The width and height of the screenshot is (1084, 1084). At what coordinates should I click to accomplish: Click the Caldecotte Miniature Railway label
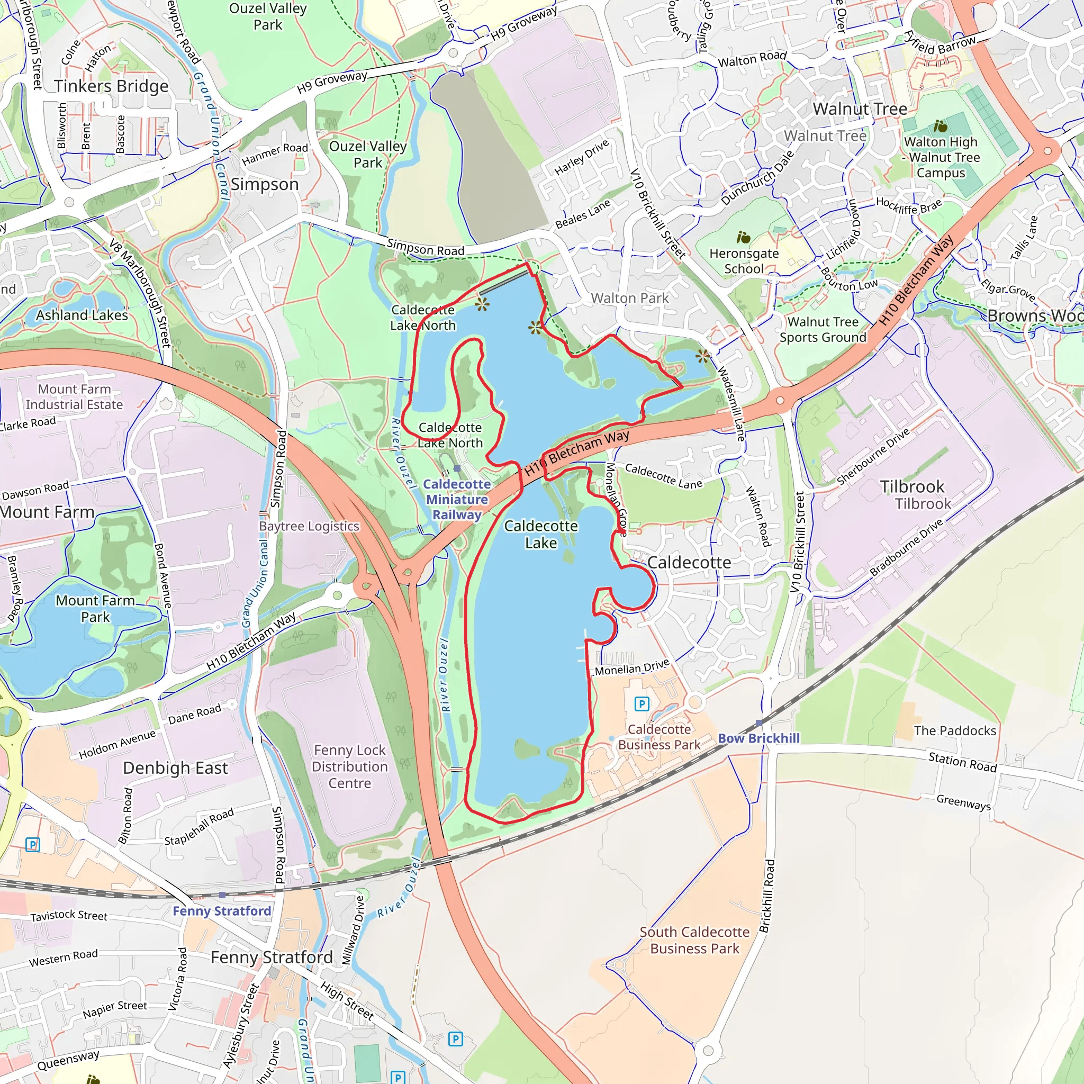(457, 499)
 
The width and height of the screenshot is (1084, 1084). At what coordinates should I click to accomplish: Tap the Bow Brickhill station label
(758, 738)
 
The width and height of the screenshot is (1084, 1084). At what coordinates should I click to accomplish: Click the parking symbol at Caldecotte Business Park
(642, 703)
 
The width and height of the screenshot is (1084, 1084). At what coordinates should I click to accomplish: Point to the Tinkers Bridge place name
(111, 86)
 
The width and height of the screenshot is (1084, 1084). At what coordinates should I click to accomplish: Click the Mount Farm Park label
(95, 608)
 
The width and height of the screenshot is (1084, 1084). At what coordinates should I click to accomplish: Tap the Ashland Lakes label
(82, 315)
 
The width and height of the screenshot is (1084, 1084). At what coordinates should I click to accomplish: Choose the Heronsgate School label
(744, 260)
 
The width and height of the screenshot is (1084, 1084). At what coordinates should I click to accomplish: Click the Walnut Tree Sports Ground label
(823, 329)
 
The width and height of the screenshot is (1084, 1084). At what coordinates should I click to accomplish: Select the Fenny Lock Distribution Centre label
(349, 766)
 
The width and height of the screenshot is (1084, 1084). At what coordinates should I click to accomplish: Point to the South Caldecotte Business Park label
(694, 940)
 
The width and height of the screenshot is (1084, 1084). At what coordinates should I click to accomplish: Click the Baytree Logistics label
(309, 526)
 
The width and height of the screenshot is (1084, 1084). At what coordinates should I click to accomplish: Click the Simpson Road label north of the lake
(426, 247)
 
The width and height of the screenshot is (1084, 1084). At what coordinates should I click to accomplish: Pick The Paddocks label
(954, 730)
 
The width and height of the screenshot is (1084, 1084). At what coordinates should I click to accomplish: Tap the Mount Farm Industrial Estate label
(74, 396)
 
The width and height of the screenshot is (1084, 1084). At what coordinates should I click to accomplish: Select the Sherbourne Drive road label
(872, 457)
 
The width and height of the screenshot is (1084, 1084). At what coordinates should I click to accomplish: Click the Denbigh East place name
(175, 767)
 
